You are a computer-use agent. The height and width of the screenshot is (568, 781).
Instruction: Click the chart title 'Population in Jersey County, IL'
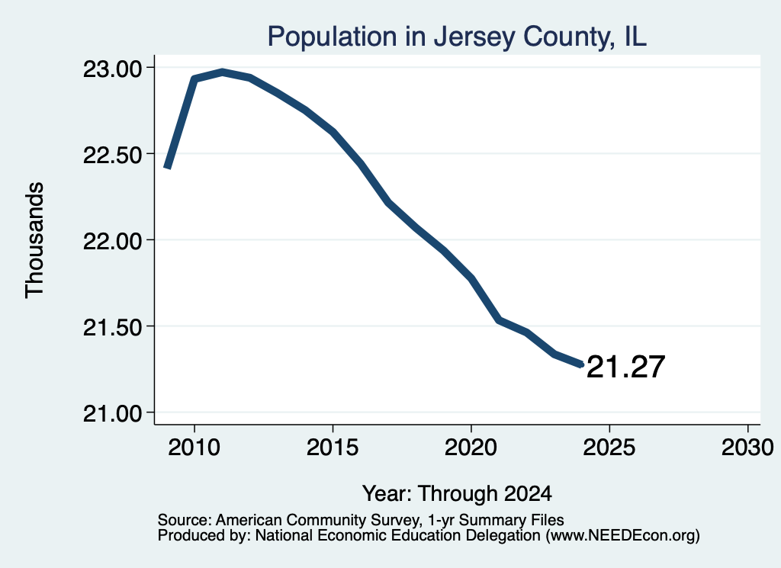point(457,37)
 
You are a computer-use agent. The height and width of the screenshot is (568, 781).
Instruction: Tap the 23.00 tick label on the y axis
point(113,69)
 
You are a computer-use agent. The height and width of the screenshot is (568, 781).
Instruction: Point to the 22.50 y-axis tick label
point(113,155)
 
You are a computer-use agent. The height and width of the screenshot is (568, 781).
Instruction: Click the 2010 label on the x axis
point(194,447)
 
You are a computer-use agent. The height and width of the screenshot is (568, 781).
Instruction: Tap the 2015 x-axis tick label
point(333,447)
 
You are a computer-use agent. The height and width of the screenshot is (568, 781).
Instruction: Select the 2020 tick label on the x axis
point(471,447)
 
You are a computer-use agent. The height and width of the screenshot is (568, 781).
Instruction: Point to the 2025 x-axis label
point(609,447)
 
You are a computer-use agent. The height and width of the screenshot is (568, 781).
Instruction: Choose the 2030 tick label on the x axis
point(747,447)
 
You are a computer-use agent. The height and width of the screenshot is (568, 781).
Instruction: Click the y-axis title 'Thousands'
point(35,240)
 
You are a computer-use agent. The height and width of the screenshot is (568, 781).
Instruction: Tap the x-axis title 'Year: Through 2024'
point(457,493)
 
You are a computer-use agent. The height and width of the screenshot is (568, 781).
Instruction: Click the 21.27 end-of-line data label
point(625,367)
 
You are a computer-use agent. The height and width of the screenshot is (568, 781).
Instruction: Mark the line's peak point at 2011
point(222,72)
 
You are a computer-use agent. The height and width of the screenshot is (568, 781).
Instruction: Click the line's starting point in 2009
point(167,168)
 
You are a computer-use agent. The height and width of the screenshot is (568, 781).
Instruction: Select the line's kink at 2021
point(499,320)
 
